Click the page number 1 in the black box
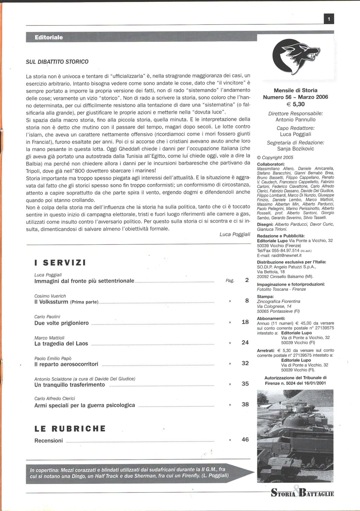point(329,19)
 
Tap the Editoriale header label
point(49,37)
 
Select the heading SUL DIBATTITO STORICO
point(57,62)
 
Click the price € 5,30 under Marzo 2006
point(296,104)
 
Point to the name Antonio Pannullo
point(296,120)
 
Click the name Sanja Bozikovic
point(296,149)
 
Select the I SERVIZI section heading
point(60,263)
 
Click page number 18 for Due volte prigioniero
point(245,322)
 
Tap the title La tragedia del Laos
point(61,343)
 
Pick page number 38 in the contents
point(245,404)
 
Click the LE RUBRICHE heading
point(70,429)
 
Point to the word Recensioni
point(49,440)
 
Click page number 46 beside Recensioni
point(245,439)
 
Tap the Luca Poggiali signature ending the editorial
point(235,234)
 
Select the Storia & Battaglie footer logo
point(302,493)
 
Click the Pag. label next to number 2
point(230,281)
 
